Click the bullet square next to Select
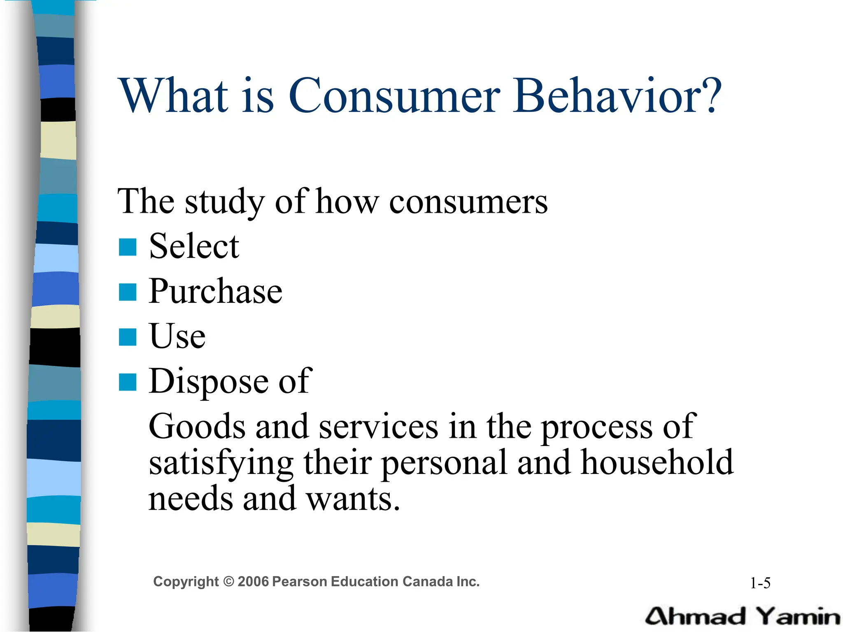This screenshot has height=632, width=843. [x=128, y=247]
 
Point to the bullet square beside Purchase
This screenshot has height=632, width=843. [x=128, y=292]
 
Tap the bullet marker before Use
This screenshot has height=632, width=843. [x=128, y=337]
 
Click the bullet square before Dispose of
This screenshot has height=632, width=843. [x=128, y=382]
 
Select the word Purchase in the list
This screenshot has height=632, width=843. [x=215, y=291]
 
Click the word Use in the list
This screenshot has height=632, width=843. [x=177, y=336]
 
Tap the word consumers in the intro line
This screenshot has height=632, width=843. [x=468, y=202]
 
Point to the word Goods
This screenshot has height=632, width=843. [x=197, y=427]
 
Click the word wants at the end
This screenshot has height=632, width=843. [x=353, y=499]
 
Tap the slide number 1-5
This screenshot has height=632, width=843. [x=760, y=583]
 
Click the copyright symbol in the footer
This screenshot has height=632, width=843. [x=228, y=582]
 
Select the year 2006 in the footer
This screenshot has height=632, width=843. [x=253, y=582]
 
